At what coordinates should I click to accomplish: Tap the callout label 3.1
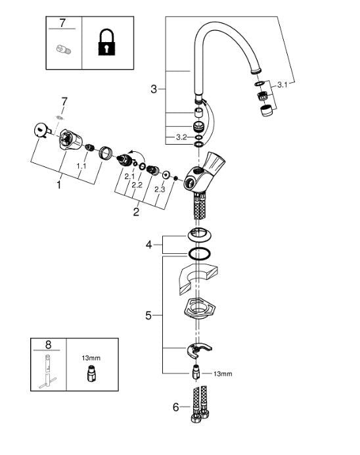282,84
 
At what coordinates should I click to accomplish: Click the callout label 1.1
81,167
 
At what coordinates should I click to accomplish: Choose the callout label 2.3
159,190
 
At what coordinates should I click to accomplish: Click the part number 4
148,245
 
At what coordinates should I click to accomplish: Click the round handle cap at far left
41,130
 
